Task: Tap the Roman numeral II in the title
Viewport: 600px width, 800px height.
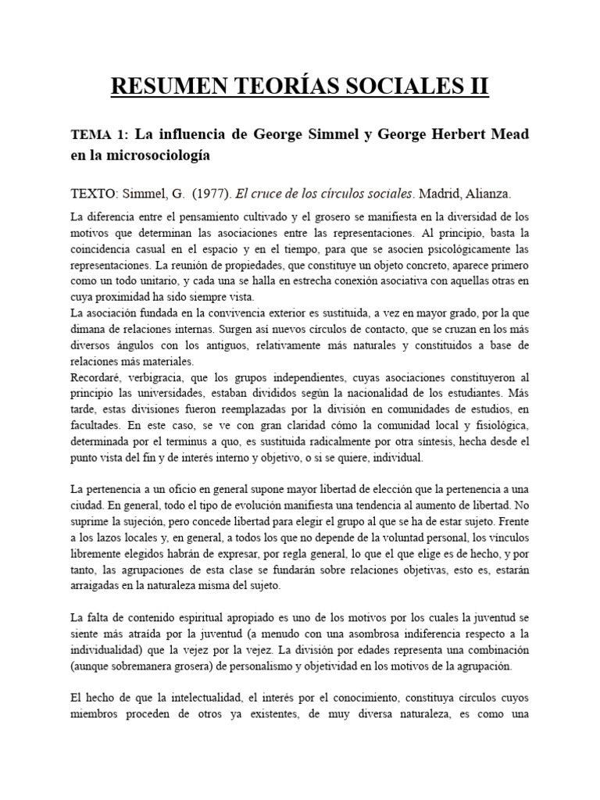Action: [477, 84]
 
